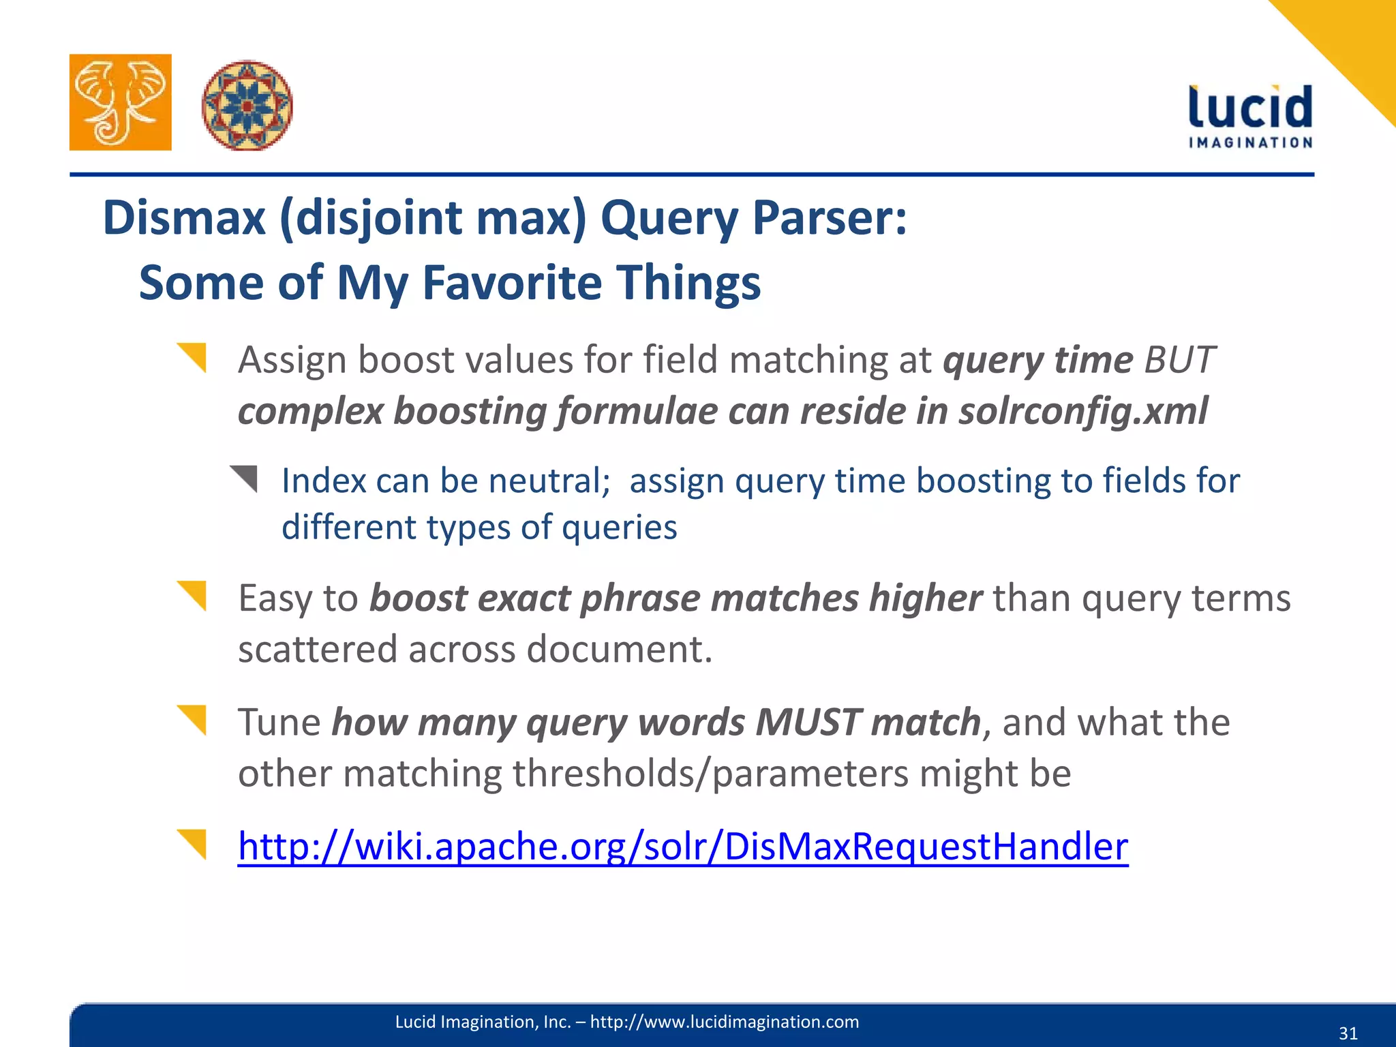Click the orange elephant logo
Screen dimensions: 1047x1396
click(x=121, y=102)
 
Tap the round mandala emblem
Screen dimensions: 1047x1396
click(x=247, y=105)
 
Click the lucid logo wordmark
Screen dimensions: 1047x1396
click(x=1250, y=107)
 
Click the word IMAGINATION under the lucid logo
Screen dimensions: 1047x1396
click(x=1250, y=142)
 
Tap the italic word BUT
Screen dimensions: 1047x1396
click(x=1180, y=359)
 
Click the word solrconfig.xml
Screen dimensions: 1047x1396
click(x=1083, y=411)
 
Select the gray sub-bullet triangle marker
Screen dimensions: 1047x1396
click(x=245, y=478)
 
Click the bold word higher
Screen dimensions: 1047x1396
click(x=925, y=598)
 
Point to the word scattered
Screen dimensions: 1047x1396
click(x=317, y=649)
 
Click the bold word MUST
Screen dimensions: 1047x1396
click(x=808, y=723)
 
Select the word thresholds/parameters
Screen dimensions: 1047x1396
click(x=710, y=774)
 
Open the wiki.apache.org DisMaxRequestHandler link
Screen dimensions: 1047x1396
click(x=682, y=847)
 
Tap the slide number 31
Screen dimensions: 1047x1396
click(x=1348, y=1033)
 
